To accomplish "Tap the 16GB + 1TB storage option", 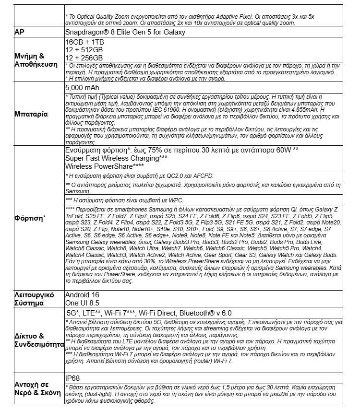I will point(84,42).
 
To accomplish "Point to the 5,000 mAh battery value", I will point(82,88).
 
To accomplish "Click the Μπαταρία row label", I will point(31,115).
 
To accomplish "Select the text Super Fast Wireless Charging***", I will point(116,158).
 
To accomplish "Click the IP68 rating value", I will point(72,378).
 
